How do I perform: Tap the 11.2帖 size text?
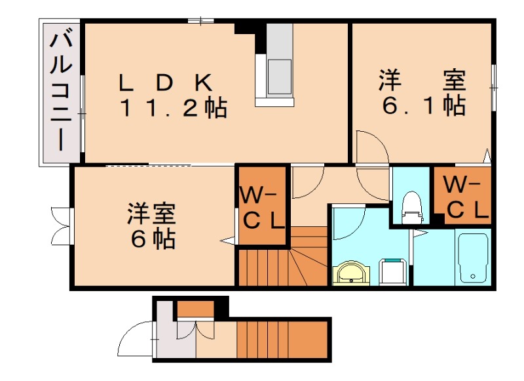click(x=172, y=108)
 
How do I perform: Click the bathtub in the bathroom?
click(x=473, y=257)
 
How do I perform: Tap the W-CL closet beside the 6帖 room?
click(x=262, y=207)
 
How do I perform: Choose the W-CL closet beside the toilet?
click(x=462, y=196)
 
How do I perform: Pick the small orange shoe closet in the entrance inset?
click(x=196, y=308)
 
